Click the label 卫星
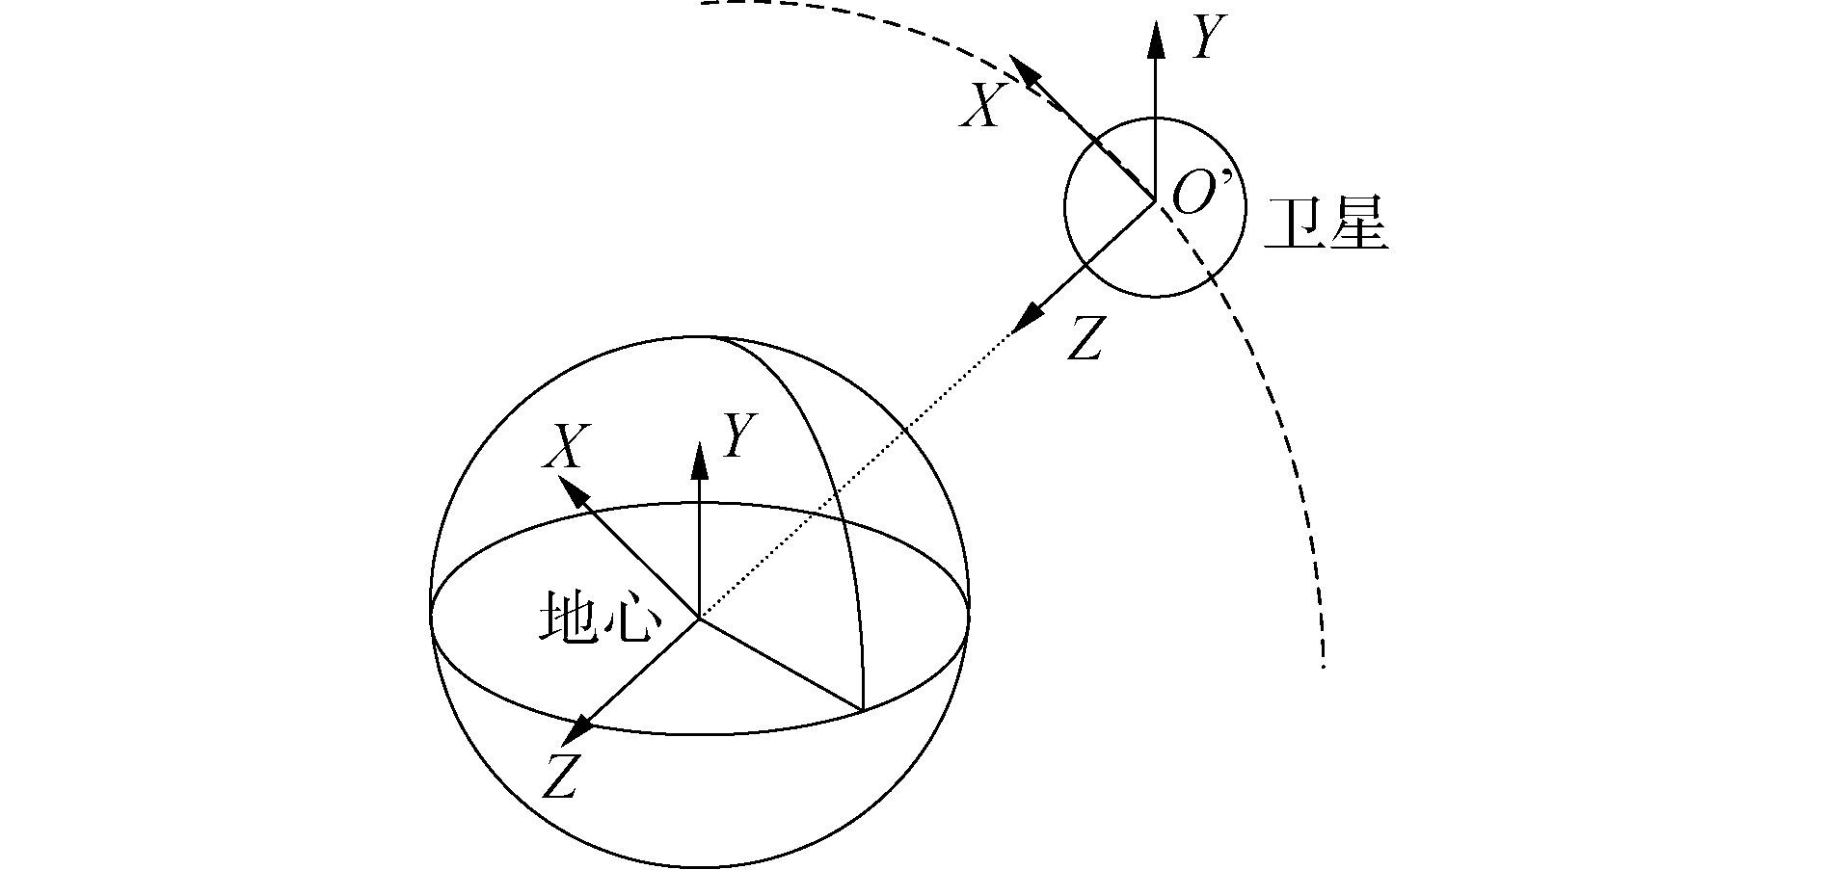click(x=1326, y=225)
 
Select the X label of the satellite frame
click(x=983, y=105)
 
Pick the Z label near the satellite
click(x=1085, y=338)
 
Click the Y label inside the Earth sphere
click(x=740, y=435)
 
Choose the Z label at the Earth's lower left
click(x=559, y=776)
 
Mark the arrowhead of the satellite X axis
click(x=1024, y=71)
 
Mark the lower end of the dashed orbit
click(x=1323, y=665)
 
